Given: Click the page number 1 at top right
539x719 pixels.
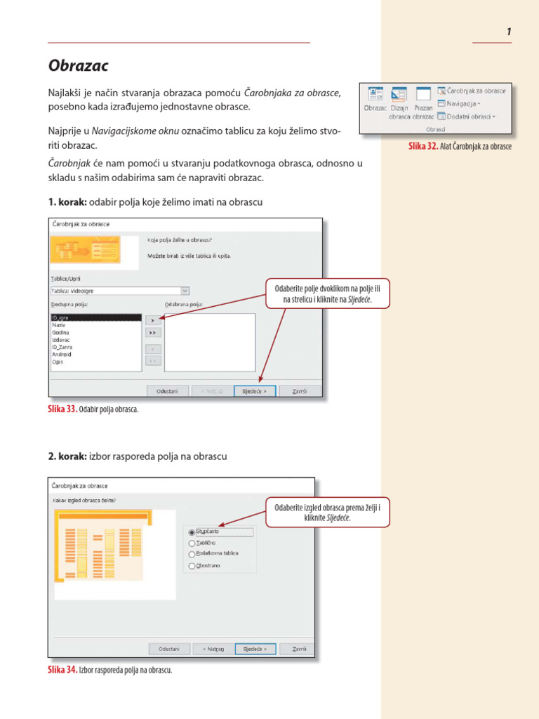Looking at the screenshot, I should (507, 32).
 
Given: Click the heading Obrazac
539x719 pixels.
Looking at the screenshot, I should (79, 66).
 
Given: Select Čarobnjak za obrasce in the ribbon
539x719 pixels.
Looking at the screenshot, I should (471, 91).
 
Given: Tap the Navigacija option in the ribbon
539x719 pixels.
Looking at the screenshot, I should (459, 103).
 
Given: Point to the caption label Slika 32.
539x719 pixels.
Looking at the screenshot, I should (423, 146).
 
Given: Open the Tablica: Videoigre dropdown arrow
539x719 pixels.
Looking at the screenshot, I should (185, 290).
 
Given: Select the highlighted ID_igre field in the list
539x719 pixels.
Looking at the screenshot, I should (60, 318).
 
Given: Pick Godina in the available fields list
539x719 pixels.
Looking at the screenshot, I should (60, 332).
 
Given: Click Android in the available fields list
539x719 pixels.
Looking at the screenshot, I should (62, 355).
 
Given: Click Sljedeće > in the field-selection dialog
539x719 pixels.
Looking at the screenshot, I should (254, 391).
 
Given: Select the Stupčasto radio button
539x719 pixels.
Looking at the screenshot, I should (192, 532).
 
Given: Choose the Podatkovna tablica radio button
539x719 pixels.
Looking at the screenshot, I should (192, 554).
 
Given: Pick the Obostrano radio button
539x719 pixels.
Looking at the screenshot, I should (192, 566).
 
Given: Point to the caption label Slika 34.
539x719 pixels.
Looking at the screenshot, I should (62, 670).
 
